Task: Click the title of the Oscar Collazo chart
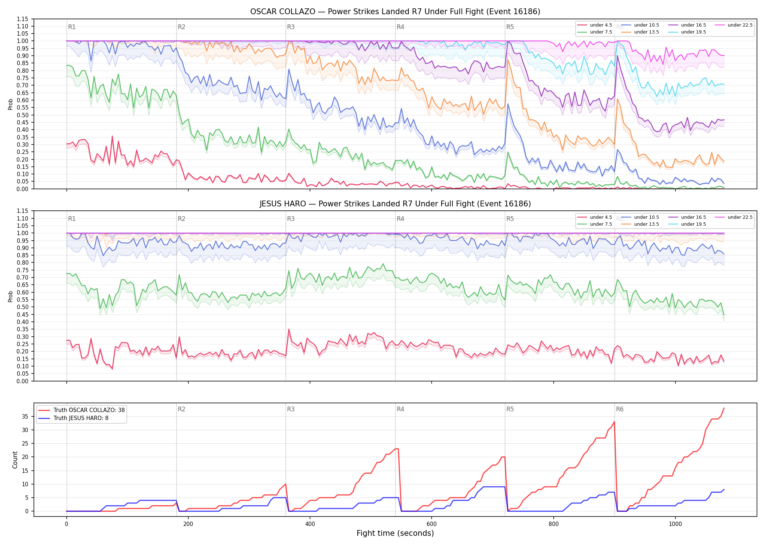click(395, 12)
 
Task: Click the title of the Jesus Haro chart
click(395, 204)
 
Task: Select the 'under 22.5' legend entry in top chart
click(734, 25)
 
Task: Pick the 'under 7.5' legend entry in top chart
click(595, 32)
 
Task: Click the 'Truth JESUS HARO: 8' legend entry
click(74, 418)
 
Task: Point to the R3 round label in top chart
click(291, 27)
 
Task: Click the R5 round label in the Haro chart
click(510, 219)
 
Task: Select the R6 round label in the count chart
click(620, 409)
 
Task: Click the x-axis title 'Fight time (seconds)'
click(395, 533)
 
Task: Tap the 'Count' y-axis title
click(15, 460)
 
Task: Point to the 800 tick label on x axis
click(553, 524)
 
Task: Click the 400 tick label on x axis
click(310, 524)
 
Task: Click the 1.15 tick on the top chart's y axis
click(22, 19)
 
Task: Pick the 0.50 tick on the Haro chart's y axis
click(22, 307)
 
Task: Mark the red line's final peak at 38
click(724, 408)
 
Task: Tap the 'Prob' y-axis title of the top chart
click(10, 104)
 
